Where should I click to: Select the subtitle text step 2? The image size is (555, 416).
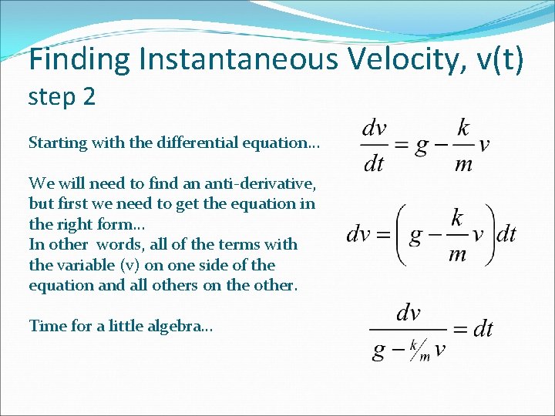click(x=62, y=98)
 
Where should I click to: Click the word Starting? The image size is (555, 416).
click(x=56, y=143)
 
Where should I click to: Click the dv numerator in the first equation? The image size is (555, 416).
click(x=375, y=128)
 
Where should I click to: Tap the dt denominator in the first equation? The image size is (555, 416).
click(x=373, y=163)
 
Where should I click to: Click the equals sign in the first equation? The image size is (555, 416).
click(x=401, y=146)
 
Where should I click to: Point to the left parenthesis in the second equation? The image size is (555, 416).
click(x=399, y=234)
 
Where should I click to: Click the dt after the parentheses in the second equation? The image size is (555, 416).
click(x=506, y=234)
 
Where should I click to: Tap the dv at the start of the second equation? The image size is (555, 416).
click(x=359, y=234)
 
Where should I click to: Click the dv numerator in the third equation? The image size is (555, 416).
click(x=408, y=312)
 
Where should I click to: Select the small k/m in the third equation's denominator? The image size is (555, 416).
click(x=419, y=351)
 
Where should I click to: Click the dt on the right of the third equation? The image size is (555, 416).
click(x=482, y=330)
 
